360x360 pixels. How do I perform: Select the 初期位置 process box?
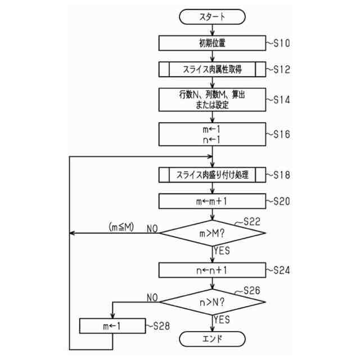click(212, 43)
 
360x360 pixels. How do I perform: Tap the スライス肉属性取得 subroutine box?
click(212, 69)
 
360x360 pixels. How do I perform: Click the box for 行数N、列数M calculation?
click(212, 100)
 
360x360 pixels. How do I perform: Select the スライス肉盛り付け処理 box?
click(212, 174)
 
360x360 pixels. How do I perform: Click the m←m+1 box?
click(212, 201)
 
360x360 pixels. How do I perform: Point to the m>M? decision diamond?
click(212, 232)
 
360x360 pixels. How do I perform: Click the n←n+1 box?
click(212, 270)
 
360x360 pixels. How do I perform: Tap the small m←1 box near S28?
click(112, 326)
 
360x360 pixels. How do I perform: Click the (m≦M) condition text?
click(121, 227)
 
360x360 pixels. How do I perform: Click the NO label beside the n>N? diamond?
click(152, 296)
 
